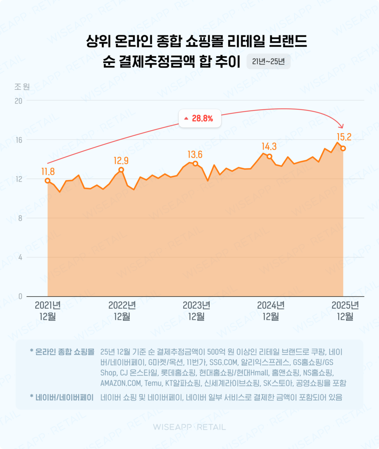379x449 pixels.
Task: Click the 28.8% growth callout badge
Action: pyautogui.click(x=199, y=118)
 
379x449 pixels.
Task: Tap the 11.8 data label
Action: pyautogui.click(x=48, y=171)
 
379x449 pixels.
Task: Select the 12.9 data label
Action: pyautogui.click(x=121, y=160)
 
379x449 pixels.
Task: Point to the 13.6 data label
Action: pyautogui.click(x=195, y=154)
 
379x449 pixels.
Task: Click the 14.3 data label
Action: pyautogui.click(x=269, y=147)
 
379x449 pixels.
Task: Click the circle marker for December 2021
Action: pyautogui.click(x=48, y=180)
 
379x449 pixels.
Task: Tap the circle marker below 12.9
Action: pyautogui.click(x=121, y=169)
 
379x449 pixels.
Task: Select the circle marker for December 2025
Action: pyautogui.click(x=343, y=148)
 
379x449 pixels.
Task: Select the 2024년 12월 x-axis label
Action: pyautogui.click(x=270, y=311)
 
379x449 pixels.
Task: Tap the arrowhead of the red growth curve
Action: pyautogui.click(x=342, y=126)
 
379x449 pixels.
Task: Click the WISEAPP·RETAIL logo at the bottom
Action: pyautogui.click(x=189, y=427)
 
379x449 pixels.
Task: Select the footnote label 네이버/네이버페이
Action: pyautogui.click(x=61, y=397)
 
